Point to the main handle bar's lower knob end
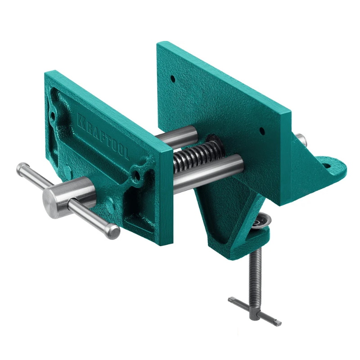pyautogui.click(x=112, y=231)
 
